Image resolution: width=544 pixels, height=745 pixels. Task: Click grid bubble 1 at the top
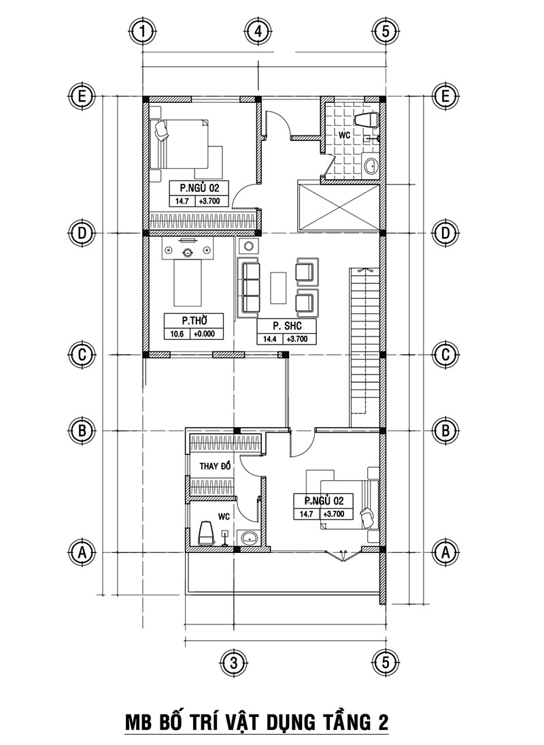pyautogui.click(x=142, y=31)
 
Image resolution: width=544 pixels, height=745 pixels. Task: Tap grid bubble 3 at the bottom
pyautogui.click(x=233, y=662)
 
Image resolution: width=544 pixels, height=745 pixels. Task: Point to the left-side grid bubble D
pyautogui.click(x=82, y=232)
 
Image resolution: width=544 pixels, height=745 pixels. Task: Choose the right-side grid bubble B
pyautogui.click(x=445, y=430)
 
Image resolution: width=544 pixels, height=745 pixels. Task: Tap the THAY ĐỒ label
pyautogui.click(x=216, y=466)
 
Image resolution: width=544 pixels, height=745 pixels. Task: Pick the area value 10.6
pyautogui.click(x=177, y=334)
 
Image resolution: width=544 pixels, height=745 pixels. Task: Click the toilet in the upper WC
pyautogui.click(x=368, y=120)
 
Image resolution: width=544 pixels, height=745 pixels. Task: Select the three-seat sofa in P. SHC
pyautogui.click(x=250, y=287)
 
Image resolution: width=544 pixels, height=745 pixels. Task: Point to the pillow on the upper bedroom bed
pyautogui.click(x=162, y=129)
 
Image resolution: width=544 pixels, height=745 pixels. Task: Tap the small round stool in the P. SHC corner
pyautogui.click(x=250, y=245)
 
